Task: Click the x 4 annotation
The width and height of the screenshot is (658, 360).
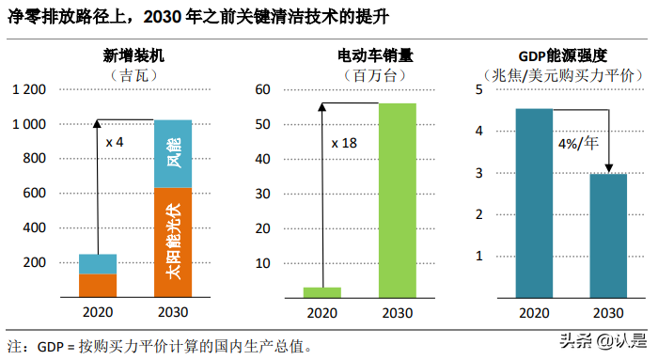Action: [114, 142]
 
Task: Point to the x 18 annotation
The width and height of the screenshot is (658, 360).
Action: [344, 143]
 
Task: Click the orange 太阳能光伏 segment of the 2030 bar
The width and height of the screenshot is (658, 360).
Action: [172, 243]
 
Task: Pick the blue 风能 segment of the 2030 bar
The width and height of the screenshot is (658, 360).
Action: [172, 154]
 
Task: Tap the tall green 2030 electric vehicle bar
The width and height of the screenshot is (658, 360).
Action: [397, 199]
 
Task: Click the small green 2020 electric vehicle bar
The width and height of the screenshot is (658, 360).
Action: [321, 291]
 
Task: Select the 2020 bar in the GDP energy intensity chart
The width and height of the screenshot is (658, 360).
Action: [533, 203]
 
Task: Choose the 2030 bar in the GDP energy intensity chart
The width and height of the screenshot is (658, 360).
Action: [608, 235]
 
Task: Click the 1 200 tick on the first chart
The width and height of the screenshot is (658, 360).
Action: [28, 89]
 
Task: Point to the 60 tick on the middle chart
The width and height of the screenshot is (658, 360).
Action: [264, 89]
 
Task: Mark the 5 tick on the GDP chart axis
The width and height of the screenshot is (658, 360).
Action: [478, 89]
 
